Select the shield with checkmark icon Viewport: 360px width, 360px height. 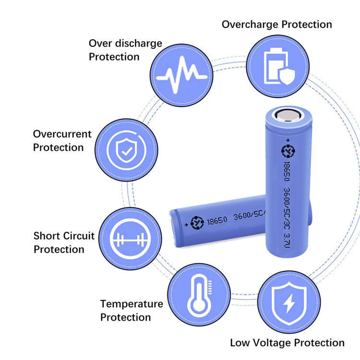coord(126,149)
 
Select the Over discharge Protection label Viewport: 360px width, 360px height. coord(125,50)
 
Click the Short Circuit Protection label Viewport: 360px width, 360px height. coord(64,242)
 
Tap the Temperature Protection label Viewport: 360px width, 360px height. coord(131,310)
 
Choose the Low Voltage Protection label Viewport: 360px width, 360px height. coord(287,342)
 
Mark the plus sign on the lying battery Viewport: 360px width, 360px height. coord(186,223)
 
